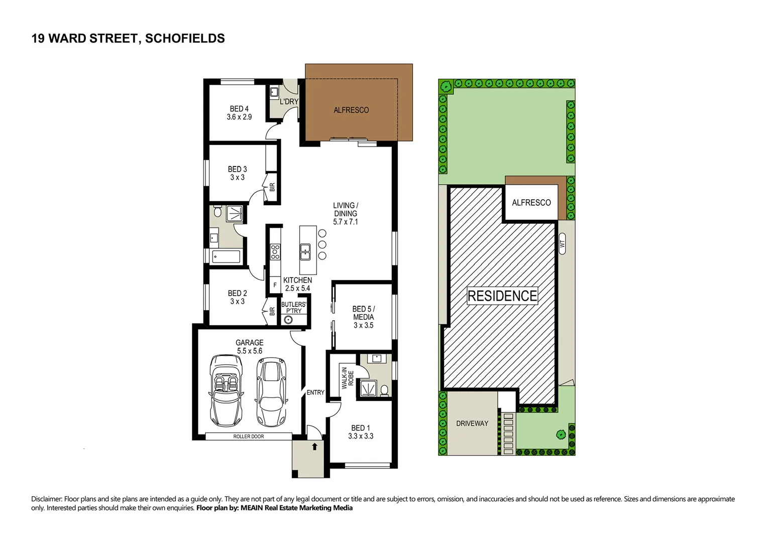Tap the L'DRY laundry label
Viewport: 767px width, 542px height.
[289, 101]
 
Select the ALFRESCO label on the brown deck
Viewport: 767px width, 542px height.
[351, 110]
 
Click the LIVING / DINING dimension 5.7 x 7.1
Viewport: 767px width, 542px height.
[346, 222]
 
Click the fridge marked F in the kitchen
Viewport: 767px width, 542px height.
[275, 285]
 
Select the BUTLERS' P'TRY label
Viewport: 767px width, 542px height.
[293, 308]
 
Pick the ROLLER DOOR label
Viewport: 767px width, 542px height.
[248, 437]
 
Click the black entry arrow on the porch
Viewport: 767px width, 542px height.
[314, 446]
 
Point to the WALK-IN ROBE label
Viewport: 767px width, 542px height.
[348, 378]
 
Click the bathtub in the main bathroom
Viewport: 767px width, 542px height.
[226, 257]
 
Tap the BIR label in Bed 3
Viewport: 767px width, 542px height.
[272, 187]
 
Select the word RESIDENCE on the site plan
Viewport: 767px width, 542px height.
[502, 296]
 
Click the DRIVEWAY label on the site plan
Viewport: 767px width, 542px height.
[472, 424]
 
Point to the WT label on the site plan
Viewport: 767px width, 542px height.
[562, 244]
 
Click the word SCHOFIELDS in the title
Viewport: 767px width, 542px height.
[185, 39]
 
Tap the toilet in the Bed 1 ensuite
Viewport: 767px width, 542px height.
[384, 390]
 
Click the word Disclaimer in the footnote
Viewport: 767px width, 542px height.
[46, 499]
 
